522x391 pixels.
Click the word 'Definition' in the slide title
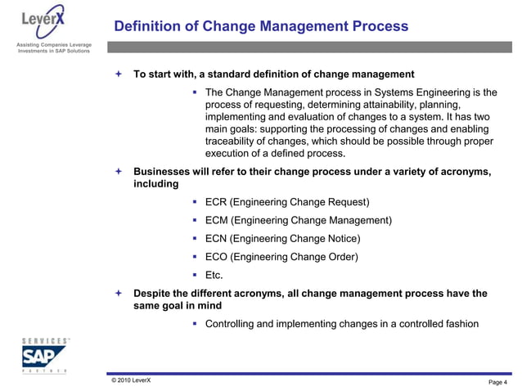pyautogui.click(x=146, y=26)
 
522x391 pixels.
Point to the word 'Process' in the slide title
pyautogui.click(x=378, y=26)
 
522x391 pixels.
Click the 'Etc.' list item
pyautogui.click(x=214, y=276)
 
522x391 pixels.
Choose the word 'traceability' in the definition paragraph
pyautogui.click(x=232, y=142)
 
